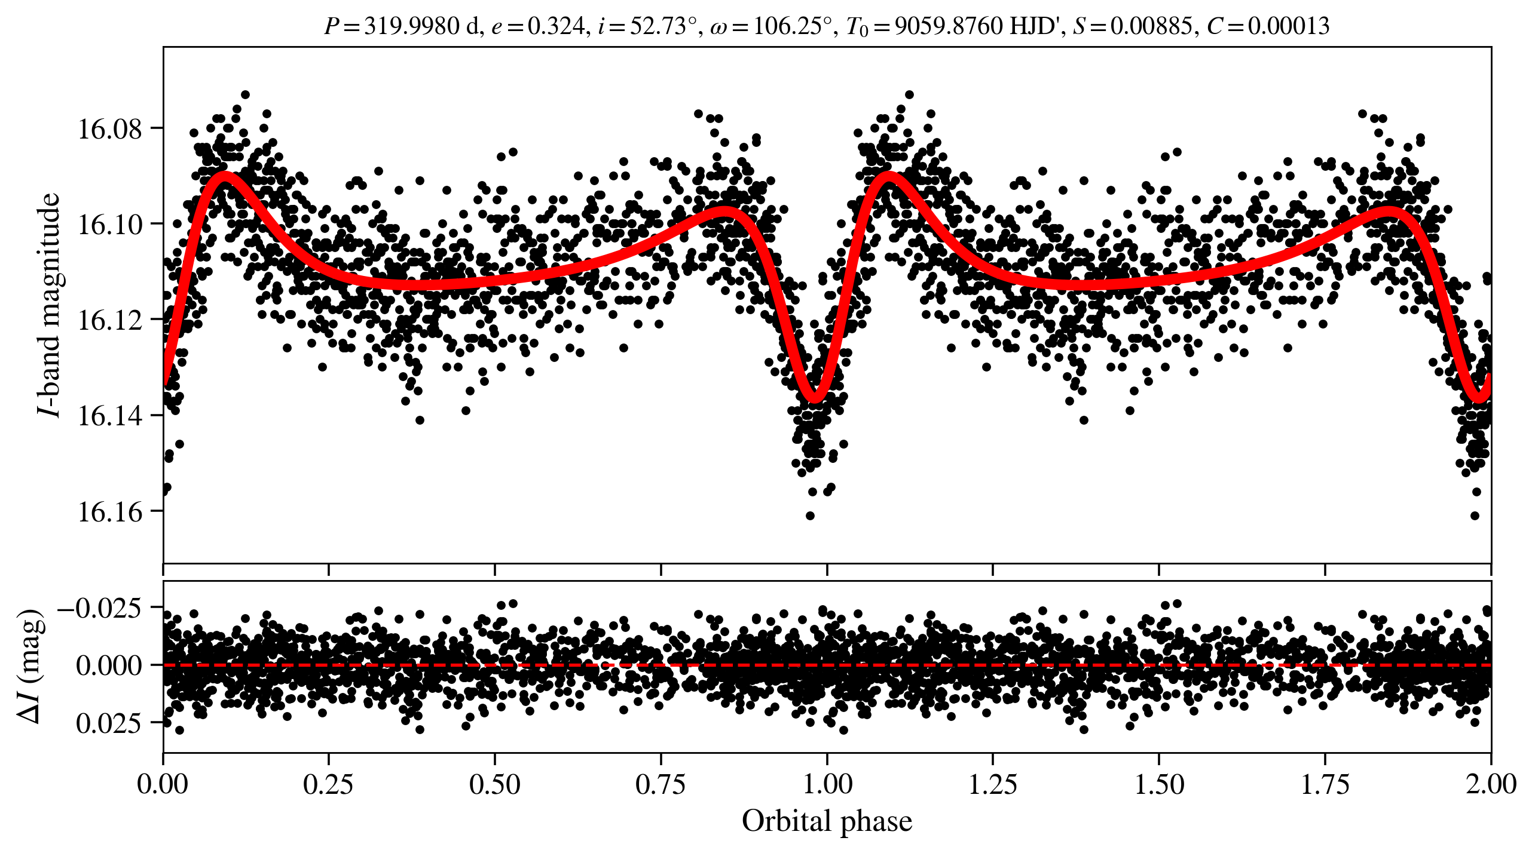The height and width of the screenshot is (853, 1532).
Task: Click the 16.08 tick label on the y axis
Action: tap(110, 128)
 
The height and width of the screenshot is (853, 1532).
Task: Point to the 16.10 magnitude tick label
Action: tap(110, 225)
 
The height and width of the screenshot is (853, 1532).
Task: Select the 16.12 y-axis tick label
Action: tap(110, 320)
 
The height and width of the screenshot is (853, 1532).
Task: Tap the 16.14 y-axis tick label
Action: tap(110, 416)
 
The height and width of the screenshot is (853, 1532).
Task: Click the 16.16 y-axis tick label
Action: tap(110, 512)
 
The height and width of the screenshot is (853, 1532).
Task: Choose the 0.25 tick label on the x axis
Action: tap(328, 784)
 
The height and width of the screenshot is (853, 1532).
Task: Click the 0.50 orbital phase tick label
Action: tap(494, 784)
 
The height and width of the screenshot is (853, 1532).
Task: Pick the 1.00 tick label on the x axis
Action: tap(827, 784)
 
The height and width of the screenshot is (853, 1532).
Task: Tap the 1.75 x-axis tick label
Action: tap(1325, 784)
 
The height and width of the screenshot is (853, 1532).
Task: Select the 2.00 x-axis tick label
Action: tap(1491, 784)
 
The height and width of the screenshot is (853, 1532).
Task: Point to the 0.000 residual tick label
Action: tap(109, 665)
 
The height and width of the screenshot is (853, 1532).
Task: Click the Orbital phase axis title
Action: tap(827, 821)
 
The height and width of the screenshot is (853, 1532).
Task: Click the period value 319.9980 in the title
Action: tap(412, 26)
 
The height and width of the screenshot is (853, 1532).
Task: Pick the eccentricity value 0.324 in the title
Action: tap(555, 26)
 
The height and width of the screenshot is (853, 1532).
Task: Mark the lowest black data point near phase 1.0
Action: tap(810, 516)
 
